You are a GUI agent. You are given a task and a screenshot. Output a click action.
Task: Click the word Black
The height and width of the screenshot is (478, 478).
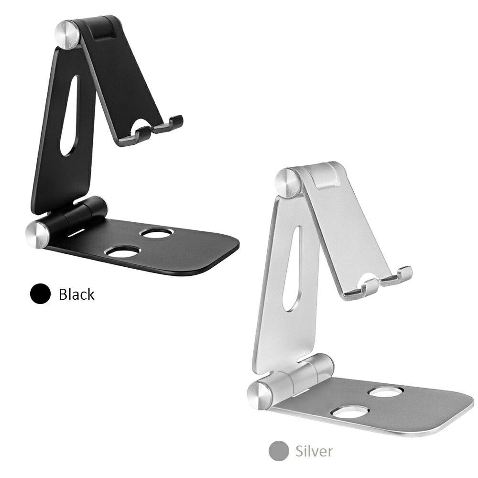pos(76,294)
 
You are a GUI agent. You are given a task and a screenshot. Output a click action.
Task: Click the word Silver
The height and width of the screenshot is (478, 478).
pos(315,451)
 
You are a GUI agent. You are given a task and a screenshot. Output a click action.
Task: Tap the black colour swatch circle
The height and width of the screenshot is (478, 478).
pos(40,293)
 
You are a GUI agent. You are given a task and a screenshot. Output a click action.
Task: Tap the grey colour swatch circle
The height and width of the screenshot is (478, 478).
pos(279,451)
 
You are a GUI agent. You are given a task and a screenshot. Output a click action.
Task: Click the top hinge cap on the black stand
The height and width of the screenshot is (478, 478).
pos(67,33)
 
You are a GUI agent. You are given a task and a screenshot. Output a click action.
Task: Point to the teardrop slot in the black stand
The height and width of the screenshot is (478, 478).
pos(69,116)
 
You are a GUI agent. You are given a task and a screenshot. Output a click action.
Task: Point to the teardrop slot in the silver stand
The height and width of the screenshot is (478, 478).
pos(292,269)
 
